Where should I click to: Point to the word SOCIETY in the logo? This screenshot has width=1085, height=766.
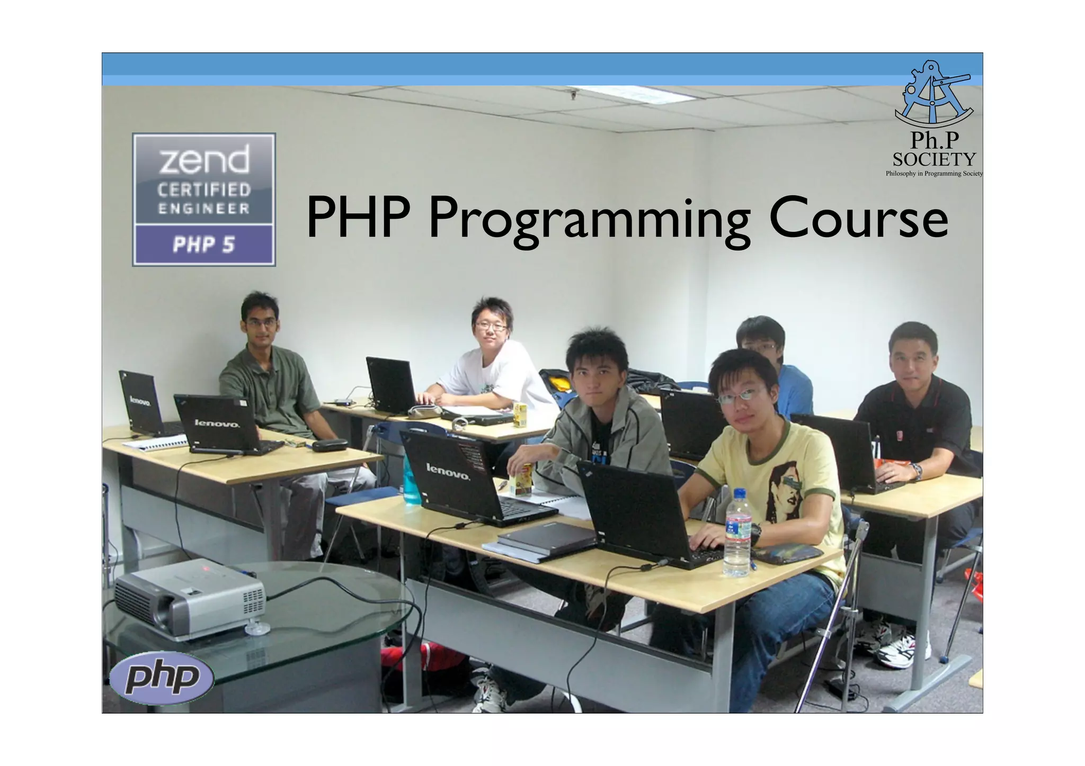[933, 159]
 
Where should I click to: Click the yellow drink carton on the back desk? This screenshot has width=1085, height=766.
[519, 414]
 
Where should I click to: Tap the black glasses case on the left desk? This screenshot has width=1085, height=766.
[329, 445]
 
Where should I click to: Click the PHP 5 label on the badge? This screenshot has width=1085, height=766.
[203, 245]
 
